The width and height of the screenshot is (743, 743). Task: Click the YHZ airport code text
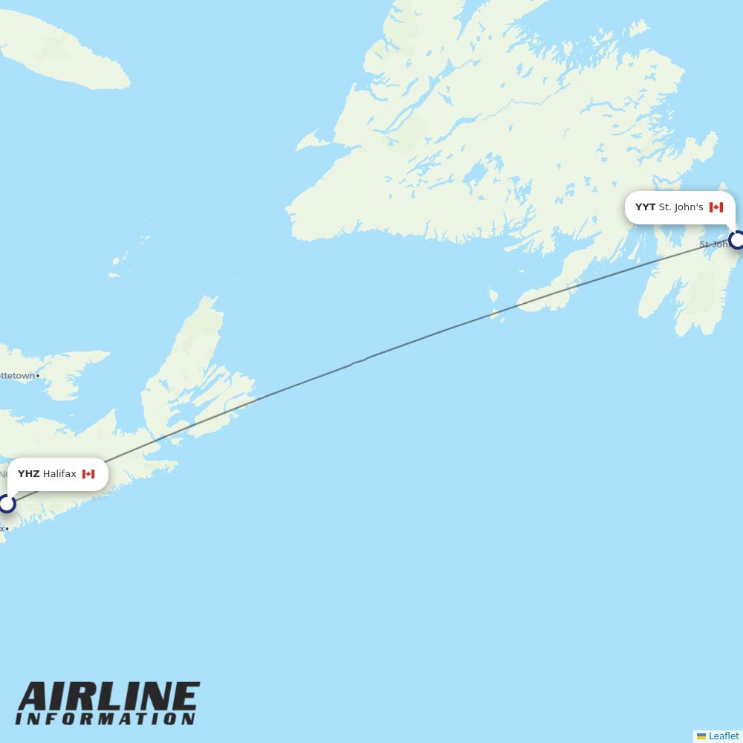[28, 474]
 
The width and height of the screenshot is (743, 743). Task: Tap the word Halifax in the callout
[59, 474]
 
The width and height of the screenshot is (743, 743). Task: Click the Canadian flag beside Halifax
[88, 474]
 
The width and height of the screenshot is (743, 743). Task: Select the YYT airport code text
[645, 207]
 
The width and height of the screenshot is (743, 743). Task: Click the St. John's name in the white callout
[681, 207]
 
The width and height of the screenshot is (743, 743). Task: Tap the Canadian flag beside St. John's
[716, 207]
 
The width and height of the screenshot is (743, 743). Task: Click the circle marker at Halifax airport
[7, 504]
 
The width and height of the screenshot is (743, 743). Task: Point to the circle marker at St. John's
[737, 240]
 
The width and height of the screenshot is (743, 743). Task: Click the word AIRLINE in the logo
[108, 698]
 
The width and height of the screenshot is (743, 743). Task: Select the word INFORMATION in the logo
[106, 719]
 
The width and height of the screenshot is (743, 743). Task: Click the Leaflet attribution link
[724, 736]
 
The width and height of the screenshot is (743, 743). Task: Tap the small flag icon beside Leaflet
[701, 736]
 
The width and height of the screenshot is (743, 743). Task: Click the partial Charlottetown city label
[17, 376]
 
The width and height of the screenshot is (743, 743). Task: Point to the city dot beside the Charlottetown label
[38, 376]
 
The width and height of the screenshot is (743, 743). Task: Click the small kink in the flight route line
[359, 362]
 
